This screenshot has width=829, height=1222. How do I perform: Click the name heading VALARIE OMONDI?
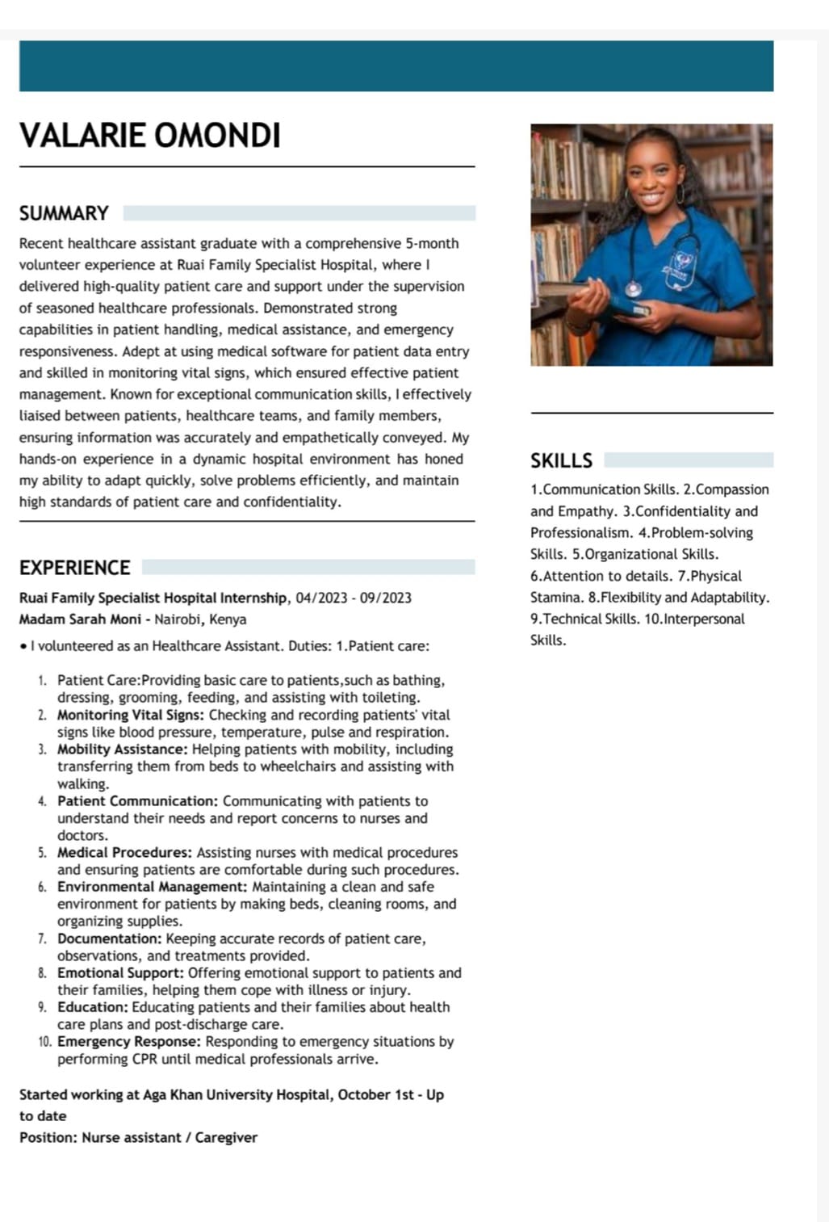coord(150,136)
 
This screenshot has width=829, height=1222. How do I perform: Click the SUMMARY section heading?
coord(64,213)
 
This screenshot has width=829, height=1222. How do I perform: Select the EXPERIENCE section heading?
coord(74,568)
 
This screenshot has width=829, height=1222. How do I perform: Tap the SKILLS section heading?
coord(561,460)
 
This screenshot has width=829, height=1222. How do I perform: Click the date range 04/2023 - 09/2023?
coord(354,598)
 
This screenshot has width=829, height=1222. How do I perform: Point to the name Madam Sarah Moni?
coord(80,619)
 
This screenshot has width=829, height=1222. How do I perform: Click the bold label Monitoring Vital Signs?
coord(131,716)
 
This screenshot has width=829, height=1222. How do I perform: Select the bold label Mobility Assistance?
coord(122,750)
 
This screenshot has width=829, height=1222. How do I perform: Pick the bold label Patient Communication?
coord(137,801)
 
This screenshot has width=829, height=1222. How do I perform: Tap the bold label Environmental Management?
coord(153,887)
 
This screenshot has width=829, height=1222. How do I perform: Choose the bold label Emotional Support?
coord(120,973)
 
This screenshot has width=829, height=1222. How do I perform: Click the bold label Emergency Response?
coord(128,1042)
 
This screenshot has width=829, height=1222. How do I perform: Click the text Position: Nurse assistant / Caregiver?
coord(138,1137)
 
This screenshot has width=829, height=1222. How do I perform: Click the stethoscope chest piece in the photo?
coord(634,288)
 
